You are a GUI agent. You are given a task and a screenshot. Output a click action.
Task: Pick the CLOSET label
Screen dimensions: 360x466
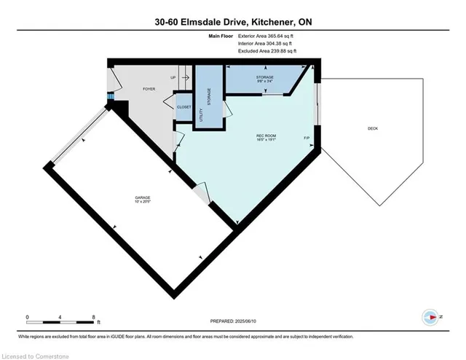(184, 107)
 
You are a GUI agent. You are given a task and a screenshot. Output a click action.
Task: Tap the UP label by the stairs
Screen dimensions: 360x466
(173, 77)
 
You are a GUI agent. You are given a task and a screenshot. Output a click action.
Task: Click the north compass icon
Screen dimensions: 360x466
(430, 317)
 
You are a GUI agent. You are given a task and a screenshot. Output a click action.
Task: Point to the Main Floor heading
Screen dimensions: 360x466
(221, 35)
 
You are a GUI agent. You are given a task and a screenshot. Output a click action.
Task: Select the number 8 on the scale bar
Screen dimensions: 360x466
(95, 316)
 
